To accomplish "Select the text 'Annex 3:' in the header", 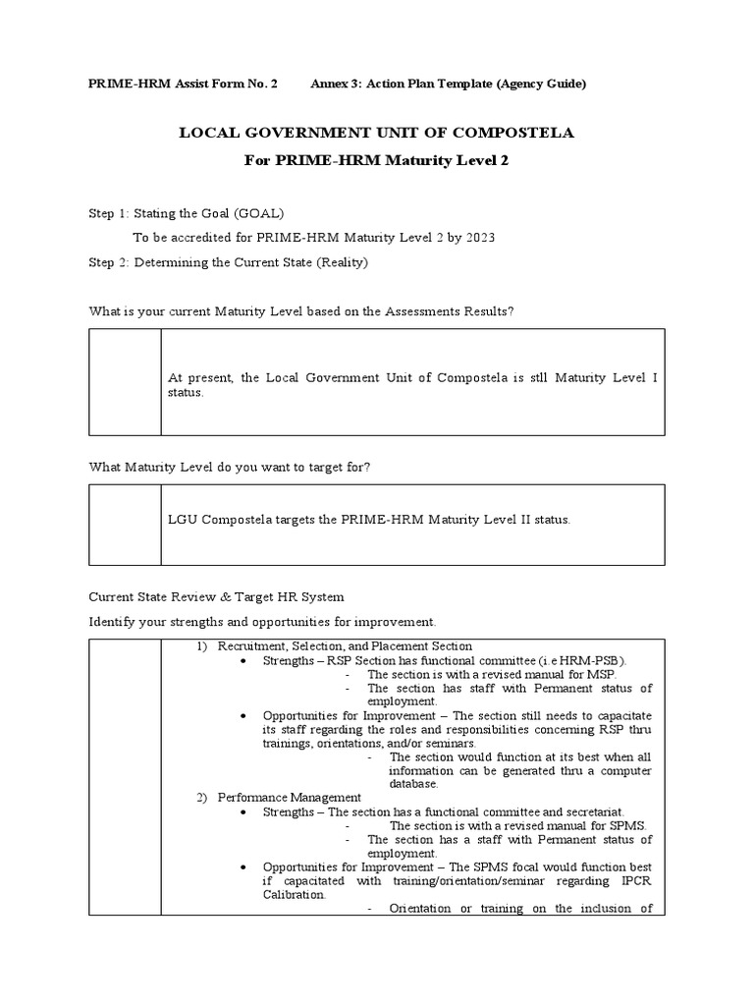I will (x=336, y=84).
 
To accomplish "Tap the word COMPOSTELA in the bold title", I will (x=503, y=133).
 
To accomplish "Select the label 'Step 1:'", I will (x=109, y=213).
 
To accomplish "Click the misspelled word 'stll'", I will (x=539, y=377).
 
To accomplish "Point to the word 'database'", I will (x=414, y=784).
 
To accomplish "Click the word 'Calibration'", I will (x=294, y=895).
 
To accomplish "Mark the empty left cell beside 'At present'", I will (x=126, y=382).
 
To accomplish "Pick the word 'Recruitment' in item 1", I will (x=253, y=646).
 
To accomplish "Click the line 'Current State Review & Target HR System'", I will (x=217, y=597).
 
